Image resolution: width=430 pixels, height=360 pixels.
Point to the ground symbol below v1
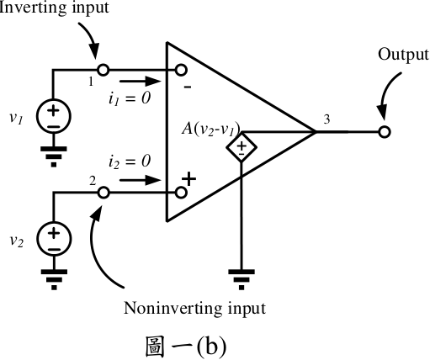(54, 156)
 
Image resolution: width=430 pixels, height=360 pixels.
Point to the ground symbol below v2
(54, 279)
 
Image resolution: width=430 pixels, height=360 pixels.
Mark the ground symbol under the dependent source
(242, 279)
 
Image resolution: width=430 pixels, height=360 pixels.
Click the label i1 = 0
(130, 98)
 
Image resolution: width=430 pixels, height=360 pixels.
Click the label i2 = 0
(130, 161)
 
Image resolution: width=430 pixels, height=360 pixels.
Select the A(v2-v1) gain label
(211, 130)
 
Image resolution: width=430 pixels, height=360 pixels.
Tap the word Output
(403, 54)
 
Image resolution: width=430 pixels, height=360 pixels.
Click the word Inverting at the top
(33, 8)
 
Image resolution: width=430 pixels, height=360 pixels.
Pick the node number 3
(326, 119)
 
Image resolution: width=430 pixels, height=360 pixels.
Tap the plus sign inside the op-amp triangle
(189, 179)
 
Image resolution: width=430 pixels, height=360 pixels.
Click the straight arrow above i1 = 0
(140, 82)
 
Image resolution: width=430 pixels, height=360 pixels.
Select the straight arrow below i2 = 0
(140, 180)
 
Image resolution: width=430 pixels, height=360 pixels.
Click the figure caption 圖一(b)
(186, 347)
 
